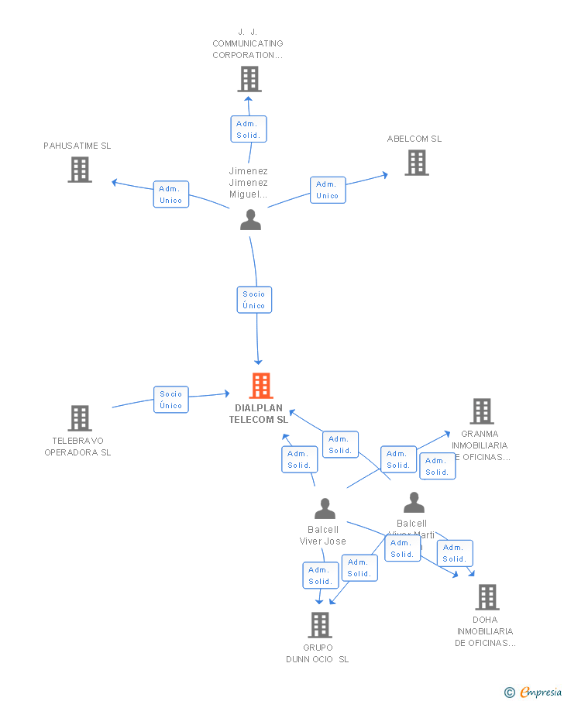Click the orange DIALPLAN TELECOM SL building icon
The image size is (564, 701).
click(x=261, y=385)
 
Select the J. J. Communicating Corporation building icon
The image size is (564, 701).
click(x=249, y=79)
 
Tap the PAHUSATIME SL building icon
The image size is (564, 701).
click(x=80, y=170)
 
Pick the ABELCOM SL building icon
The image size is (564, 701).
click(x=417, y=163)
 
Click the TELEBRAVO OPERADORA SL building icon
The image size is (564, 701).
click(x=80, y=418)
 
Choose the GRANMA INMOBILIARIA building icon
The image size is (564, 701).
click(x=482, y=411)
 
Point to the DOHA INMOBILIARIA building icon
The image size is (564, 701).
click(x=487, y=597)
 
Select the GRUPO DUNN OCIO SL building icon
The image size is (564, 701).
click(x=320, y=625)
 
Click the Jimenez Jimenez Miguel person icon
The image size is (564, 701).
click(x=250, y=220)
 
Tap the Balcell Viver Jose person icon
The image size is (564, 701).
click(x=325, y=508)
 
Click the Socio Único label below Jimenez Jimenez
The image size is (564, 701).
click(x=254, y=300)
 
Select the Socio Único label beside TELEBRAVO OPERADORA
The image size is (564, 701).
click(x=170, y=400)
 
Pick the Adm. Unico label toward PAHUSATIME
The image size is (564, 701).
click(x=170, y=194)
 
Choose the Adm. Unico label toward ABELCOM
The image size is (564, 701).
click(x=328, y=190)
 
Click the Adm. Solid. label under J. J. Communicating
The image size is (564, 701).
click(x=248, y=129)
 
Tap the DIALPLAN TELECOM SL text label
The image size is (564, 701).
click(x=259, y=414)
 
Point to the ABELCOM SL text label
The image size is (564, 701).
click(x=414, y=139)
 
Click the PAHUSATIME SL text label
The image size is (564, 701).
click(x=77, y=146)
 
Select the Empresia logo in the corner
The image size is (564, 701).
click(x=541, y=692)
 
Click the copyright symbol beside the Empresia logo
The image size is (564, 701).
click(x=509, y=692)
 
